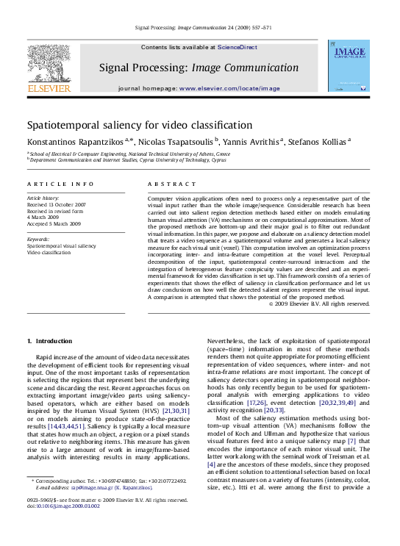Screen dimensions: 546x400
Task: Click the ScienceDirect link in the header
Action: coord(237,47)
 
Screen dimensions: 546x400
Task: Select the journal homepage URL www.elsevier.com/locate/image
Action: coord(229,88)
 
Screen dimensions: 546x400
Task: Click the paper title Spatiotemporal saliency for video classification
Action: coord(140,126)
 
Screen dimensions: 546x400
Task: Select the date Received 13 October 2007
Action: coord(56,205)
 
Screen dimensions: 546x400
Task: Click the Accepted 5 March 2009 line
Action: coord(54,223)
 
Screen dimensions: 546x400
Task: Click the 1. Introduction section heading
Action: coord(49,341)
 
